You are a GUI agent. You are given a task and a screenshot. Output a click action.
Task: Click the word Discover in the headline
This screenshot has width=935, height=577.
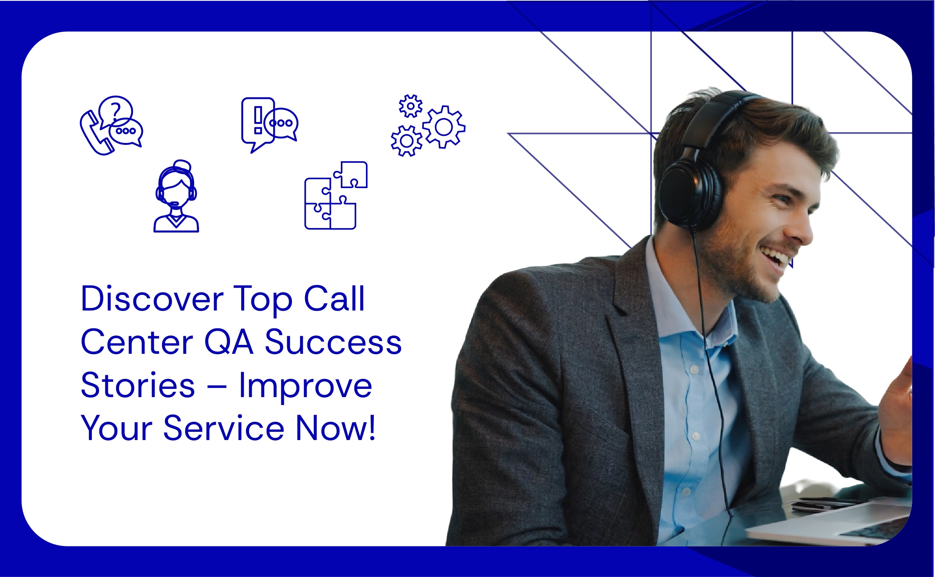click(152, 299)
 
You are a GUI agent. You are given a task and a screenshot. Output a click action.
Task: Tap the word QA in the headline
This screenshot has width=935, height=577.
click(229, 342)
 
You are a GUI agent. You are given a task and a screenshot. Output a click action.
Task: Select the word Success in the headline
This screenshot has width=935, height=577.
click(333, 342)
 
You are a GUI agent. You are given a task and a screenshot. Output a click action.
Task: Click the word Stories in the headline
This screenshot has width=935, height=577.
click(138, 385)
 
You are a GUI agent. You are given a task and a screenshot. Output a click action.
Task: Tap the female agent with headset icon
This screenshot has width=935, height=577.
click(176, 197)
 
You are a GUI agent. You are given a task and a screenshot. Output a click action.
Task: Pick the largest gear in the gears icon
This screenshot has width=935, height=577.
click(444, 127)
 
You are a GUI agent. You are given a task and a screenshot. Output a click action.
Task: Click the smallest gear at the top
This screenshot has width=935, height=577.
click(410, 106)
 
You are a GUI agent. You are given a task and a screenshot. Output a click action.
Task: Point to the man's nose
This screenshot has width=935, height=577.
click(800, 229)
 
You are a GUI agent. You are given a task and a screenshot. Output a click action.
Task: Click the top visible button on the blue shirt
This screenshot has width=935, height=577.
click(695, 369)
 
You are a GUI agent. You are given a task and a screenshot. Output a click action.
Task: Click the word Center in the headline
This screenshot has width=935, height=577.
click(137, 342)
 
